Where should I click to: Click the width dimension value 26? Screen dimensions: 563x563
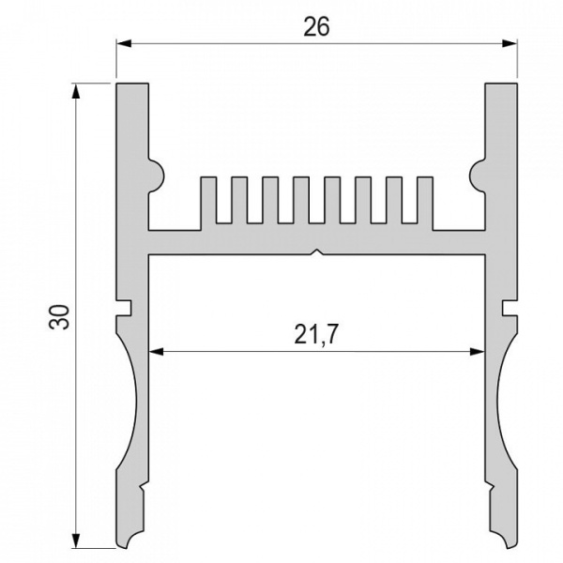tap(316, 26)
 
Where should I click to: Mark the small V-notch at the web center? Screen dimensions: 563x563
tap(318, 251)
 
